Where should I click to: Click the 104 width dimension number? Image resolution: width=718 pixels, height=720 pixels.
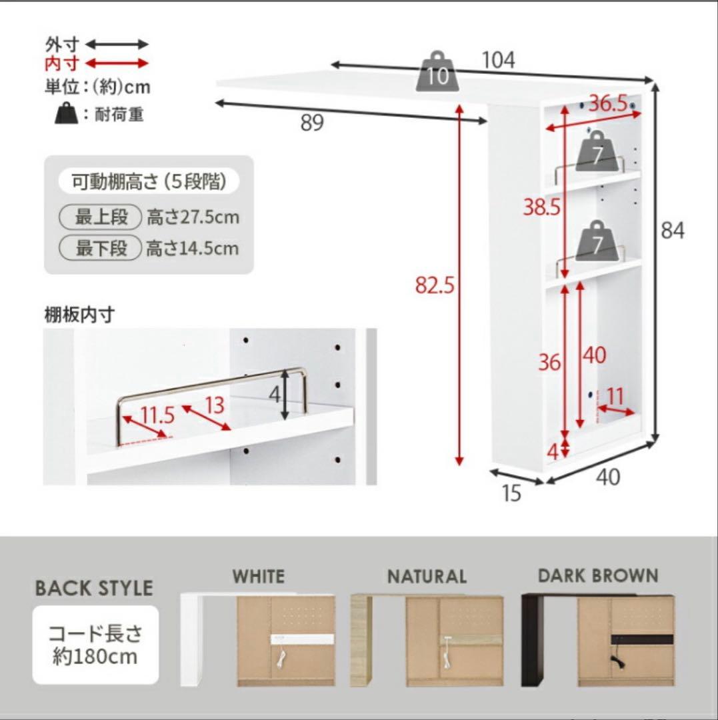coord(499,61)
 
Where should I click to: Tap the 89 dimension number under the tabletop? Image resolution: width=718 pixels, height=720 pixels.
coord(311,123)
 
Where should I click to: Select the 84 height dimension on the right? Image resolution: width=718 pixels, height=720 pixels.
coord(673,231)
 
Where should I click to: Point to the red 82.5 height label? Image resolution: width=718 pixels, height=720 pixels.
coord(434,285)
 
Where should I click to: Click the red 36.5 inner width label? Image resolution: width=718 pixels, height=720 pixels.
coord(608,104)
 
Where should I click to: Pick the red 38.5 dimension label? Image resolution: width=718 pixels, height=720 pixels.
coord(541,209)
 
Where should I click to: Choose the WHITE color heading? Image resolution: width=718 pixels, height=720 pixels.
coord(258,576)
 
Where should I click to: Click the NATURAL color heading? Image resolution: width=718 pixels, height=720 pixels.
coord(427,576)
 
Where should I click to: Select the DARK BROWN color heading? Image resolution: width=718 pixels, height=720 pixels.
coord(598,575)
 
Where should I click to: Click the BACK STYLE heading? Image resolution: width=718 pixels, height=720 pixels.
coord(94,588)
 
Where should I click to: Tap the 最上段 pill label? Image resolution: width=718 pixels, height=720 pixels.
coord(101,217)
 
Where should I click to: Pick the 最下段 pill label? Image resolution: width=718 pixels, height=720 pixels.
coord(101,249)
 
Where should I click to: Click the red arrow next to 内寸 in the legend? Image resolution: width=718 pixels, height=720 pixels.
coord(117,63)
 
